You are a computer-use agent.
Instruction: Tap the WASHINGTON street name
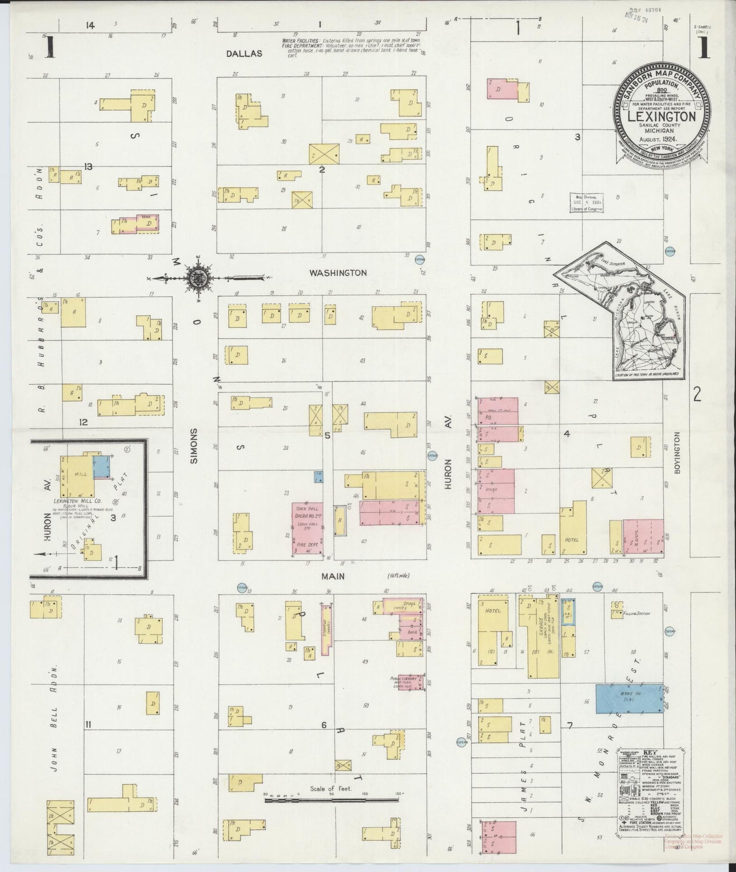point(338,273)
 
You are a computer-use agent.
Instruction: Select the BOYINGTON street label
point(677,453)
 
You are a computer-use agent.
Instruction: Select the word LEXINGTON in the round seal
point(662,116)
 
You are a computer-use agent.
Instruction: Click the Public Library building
point(410,682)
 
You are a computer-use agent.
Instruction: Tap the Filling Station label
point(637,613)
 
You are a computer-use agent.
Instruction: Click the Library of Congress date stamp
point(587,202)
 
